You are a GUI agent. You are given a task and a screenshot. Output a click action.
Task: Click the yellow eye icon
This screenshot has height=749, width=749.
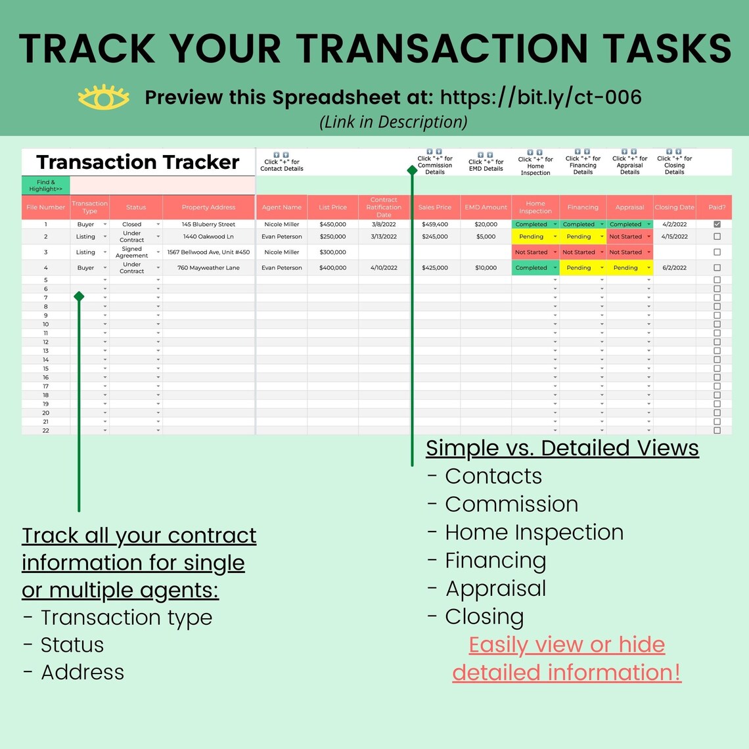(104, 97)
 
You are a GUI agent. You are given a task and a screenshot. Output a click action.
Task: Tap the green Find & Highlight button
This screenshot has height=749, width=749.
(45, 185)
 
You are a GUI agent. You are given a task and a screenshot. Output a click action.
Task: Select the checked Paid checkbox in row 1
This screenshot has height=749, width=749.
(717, 224)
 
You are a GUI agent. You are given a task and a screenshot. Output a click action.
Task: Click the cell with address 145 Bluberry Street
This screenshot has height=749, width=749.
(208, 224)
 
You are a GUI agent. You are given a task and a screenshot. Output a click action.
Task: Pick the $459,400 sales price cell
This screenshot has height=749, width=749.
(435, 224)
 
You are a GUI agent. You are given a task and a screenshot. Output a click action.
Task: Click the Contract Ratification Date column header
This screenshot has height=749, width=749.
(384, 207)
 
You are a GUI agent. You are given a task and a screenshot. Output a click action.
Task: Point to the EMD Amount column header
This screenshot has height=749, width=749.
(486, 207)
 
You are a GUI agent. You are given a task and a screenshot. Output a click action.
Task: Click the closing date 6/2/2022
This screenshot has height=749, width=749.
(674, 267)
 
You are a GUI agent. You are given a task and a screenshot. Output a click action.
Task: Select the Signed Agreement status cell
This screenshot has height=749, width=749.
(132, 252)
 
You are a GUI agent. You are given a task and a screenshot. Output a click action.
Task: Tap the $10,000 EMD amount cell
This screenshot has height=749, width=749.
(486, 267)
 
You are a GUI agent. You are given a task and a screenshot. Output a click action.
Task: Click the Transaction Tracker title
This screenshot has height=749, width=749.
(138, 162)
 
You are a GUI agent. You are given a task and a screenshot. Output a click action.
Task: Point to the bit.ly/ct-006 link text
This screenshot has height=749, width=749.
(541, 97)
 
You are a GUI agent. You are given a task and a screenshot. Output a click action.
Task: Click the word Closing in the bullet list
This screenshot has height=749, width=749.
(484, 617)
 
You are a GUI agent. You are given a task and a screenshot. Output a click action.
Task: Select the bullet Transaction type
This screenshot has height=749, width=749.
(126, 618)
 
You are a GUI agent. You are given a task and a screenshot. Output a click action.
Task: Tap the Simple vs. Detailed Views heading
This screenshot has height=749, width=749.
(562, 447)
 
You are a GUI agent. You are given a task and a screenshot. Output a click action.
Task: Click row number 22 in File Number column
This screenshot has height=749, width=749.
(45, 430)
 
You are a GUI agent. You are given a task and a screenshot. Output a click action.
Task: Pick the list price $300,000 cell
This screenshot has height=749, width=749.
(332, 252)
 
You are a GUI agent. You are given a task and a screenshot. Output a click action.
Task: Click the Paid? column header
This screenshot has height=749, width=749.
(717, 207)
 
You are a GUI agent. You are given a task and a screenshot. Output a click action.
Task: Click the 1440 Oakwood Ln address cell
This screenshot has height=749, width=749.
(208, 237)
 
